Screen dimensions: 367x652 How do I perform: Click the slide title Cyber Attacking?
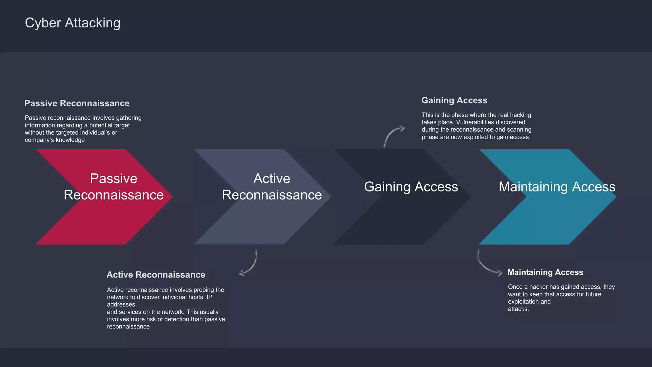click(x=73, y=23)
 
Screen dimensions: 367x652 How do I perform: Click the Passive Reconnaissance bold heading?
click(x=77, y=103)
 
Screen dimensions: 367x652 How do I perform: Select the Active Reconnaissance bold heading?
click(x=156, y=275)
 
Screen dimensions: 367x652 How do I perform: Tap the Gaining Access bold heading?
click(x=454, y=100)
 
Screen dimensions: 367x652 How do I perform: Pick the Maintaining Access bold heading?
click(x=545, y=272)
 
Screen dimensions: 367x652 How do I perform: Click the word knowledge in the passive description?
click(x=70, y=140)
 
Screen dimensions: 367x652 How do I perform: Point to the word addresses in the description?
click(x=121, y=305)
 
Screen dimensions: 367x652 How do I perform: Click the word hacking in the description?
click(x=521, y=115)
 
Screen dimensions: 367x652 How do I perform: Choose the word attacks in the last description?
click(x=518, y=309)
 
